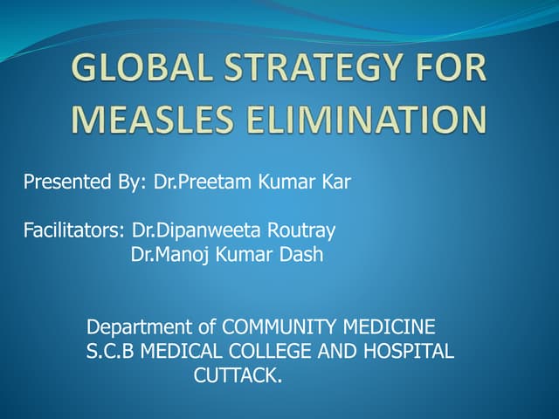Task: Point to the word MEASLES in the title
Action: [148, 119]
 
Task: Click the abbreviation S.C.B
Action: [111, 353]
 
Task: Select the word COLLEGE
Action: [283, 353]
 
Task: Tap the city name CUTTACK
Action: [238, 377]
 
